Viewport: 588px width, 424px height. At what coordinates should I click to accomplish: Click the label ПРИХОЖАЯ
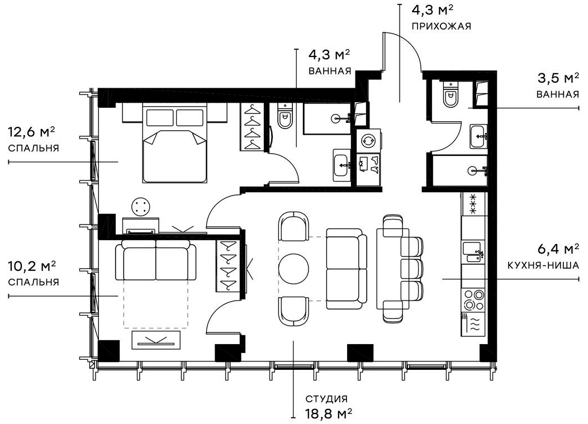[x=441, y=26]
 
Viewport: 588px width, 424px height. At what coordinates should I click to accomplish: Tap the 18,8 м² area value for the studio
[x=328, y=413]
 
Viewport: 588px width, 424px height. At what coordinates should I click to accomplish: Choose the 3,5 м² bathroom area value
[x=557, y=78]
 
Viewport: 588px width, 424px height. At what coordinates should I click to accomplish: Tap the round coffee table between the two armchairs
[x=293, y=269]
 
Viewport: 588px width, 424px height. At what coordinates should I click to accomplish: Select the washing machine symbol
[x=369, y=140]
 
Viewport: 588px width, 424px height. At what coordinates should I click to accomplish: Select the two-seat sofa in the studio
[x=345, y=269]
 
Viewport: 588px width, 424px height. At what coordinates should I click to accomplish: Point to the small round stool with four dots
[x=142, y=206]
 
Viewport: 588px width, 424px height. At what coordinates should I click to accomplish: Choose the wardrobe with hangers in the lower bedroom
[x=227, y=265]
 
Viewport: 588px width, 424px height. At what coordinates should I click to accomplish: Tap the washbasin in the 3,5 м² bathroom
[x=478, y=136]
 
